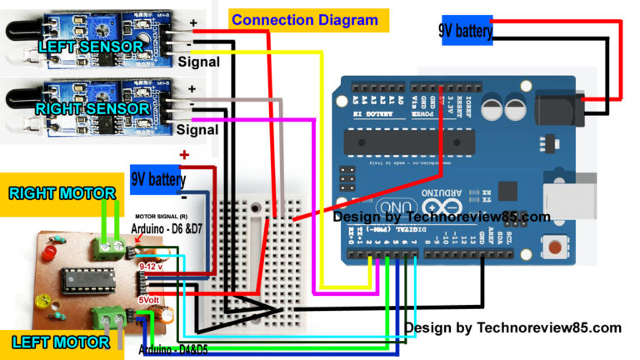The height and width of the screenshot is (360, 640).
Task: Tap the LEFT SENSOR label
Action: tap(90, 47)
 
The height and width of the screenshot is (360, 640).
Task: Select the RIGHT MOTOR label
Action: tap(62, 193)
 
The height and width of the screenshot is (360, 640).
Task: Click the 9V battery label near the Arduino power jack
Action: tap(466, 32)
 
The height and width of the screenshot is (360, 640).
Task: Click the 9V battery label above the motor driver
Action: tap(158, 179)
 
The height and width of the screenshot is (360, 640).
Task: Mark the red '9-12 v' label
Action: tap(152, 266)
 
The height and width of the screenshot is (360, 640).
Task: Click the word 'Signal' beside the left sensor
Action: tap(198, 62)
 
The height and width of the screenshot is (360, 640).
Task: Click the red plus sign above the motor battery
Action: tap(184, 155)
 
